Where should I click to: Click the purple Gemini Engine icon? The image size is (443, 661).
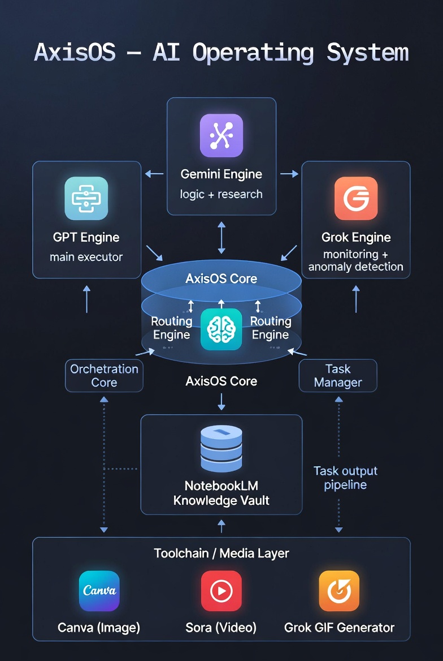pos(221,135)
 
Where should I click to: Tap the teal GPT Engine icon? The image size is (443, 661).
pos(86,198)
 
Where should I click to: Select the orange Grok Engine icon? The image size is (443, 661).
pos(356,198)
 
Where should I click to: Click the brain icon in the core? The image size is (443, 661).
pos(221,329)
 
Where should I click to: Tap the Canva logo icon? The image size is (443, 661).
pos(99,591)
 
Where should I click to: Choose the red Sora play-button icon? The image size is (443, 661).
pos(221,591)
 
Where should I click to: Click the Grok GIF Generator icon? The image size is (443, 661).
pos(339,591)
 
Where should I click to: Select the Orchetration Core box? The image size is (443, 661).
pos(104,376)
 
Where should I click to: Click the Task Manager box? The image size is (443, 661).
pos(338,376)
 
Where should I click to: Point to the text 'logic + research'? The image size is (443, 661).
pos(221,194)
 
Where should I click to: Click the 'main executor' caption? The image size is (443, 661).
pos(86,257)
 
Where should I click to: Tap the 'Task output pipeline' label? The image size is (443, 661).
pos(345,478)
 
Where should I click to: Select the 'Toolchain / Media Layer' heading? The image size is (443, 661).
pos(221,553)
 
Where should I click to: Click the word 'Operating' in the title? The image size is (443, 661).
pos(253,53)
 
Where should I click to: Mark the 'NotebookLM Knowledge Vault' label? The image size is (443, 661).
pos(221,493)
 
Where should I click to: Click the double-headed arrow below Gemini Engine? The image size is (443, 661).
pos(221,238)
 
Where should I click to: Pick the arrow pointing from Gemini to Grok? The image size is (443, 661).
pos(289,174)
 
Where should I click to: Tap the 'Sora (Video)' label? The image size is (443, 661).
pos(221,628)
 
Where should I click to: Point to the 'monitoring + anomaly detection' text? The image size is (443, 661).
pos(356,261)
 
